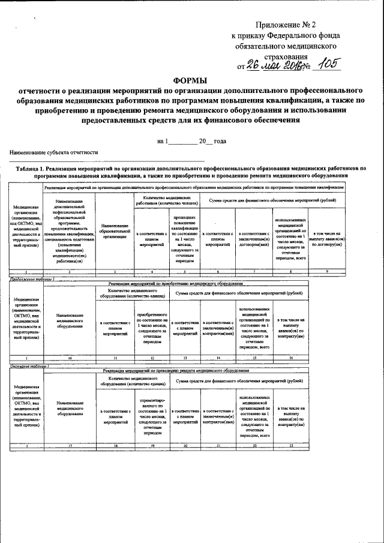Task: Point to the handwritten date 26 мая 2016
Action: click(272, 65)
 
